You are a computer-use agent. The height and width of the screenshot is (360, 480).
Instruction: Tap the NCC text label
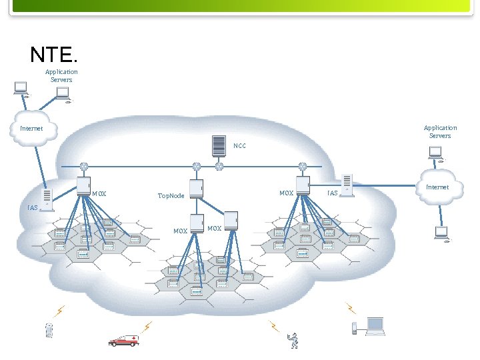pos(239,145)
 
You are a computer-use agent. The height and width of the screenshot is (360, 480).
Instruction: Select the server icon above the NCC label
pos(218,145)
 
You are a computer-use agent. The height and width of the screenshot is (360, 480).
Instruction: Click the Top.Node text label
pos(171,196)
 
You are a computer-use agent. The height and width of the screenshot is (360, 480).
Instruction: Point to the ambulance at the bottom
pos(124,340)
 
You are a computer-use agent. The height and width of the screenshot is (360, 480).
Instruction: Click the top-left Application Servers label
pos(61,75)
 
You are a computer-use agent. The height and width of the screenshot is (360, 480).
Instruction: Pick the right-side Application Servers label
pos(440,131)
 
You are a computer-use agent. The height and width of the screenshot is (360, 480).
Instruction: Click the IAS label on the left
pos(33,208)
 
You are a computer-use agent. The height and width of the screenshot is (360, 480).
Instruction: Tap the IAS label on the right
pos(333,193)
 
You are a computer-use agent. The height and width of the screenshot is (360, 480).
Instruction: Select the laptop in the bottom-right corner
pos(375,326)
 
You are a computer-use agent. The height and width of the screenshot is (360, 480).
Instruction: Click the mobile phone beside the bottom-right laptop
pos(355,327)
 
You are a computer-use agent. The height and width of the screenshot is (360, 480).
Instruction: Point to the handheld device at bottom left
pos(48,330)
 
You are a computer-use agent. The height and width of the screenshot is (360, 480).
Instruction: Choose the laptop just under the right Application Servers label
pos(436,155)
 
